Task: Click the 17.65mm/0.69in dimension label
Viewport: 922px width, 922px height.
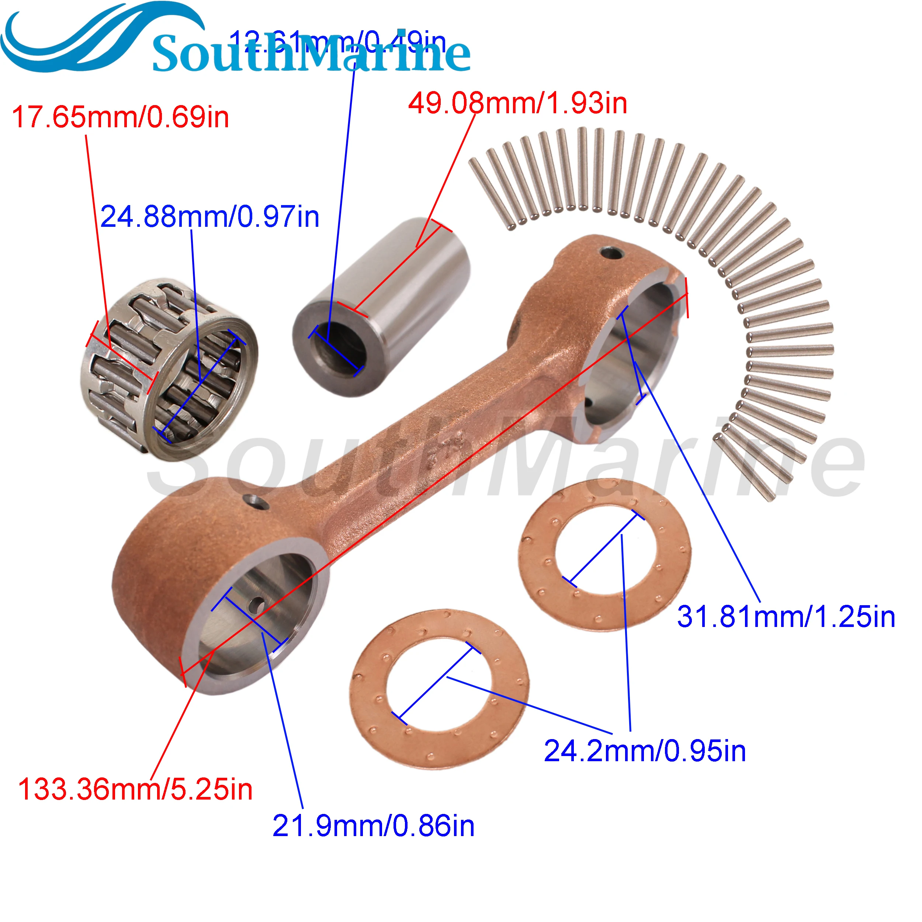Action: (x=120, y=117)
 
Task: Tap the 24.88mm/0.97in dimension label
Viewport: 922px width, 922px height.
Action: (x=209, y=217)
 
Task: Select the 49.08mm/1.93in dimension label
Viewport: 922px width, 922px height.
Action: (x=517, y=104)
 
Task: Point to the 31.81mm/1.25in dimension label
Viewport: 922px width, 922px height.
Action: (x=786, y=617)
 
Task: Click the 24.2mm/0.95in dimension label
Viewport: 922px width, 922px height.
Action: (x=645, y=751)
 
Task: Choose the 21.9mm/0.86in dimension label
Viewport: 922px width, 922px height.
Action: (x=373, y=826)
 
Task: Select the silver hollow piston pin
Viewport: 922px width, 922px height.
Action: (x=382, y=305)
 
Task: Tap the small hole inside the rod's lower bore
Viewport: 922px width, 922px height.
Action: (x=258, y=605)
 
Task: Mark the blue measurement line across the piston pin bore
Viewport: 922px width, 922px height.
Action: (x=336, y=351)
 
